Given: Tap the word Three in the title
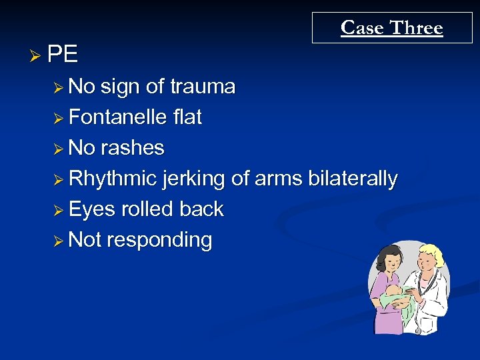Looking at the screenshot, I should click(417, 28).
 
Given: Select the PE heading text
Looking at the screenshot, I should click(63, 54).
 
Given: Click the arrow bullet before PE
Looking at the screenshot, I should click(39, 55).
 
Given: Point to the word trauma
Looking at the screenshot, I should click(203, 87).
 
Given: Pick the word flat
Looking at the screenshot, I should click(187, 117).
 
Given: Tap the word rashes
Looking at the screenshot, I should click(133, 147).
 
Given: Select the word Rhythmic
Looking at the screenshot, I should click(113, 179).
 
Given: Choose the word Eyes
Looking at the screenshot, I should click(92, 209).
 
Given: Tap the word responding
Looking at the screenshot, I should click(159, 239).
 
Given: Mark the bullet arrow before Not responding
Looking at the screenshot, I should click(59, 240).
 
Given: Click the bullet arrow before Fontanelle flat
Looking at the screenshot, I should click(59, 118).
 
